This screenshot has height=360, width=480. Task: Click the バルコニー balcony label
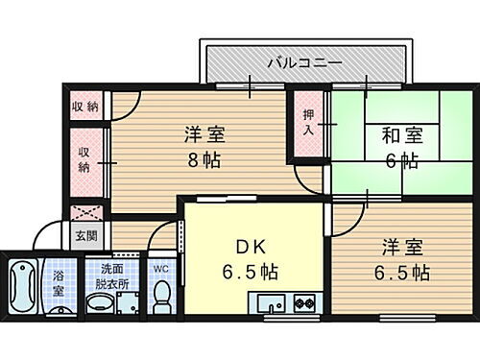pyautogui.click(x=305, y=62)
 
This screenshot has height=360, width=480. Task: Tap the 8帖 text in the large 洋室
pyautogui.click(x=204, y=159)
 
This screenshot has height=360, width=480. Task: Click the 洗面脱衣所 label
pyautogui.click(x=107, y=276)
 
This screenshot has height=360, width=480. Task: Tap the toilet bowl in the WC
pyautogui.click(x=162, y=300)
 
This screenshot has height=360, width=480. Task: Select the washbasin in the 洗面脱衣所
pyautogui.click(x=100, y=305)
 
